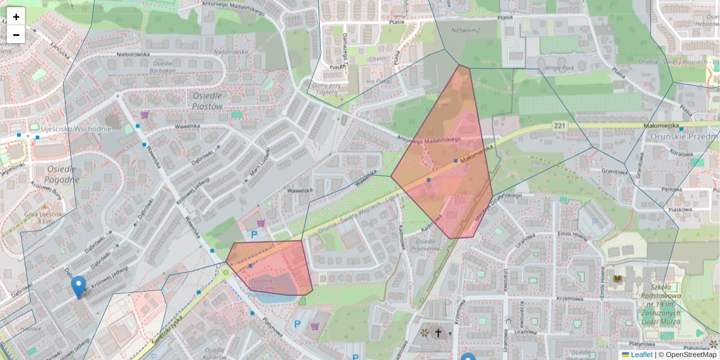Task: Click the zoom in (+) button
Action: point(16,17)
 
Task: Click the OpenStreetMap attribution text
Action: point(691,355)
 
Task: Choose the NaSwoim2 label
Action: point(467,30)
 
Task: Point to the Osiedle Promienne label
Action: point(424,245)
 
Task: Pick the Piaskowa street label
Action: point(680,209)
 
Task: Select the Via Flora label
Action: point(378,81)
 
